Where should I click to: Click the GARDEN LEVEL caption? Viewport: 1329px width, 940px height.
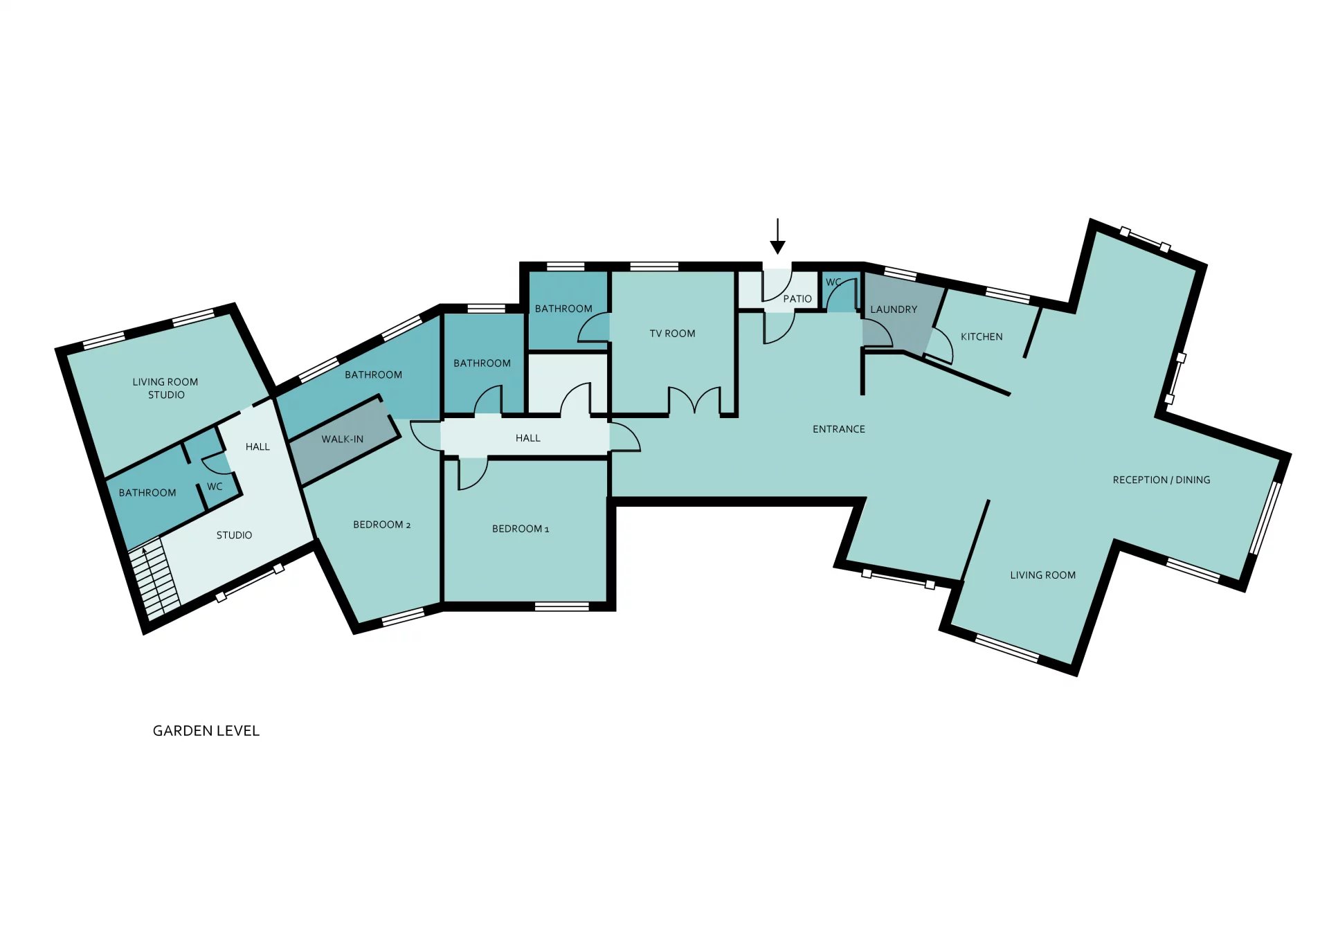(206, 731)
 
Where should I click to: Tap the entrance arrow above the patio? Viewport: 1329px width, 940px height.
(778, 237)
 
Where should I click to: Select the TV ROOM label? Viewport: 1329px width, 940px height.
(672, 334)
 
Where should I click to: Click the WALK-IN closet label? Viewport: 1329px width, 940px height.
(343, 440)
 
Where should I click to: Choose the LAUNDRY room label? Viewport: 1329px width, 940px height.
(894, 309)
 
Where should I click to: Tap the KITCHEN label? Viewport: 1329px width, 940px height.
(982, 337)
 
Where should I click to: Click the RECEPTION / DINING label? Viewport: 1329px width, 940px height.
(1161, 480)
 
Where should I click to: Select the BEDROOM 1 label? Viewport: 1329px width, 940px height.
(521, 529)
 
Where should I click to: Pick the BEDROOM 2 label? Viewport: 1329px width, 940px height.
(382, 525)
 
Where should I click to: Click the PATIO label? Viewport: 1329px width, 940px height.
(797, 299)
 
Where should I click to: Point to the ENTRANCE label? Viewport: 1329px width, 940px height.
(839, 429)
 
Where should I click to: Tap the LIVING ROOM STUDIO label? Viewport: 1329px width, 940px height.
(165, 388)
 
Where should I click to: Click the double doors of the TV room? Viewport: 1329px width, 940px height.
(694, 401)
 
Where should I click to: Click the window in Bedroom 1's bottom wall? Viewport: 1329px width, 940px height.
(562, 606)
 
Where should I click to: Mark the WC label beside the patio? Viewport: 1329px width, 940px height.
(834, 282)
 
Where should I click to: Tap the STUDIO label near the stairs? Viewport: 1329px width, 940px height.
(234, 535)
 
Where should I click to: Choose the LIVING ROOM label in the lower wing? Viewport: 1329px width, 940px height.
(1042, 575)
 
